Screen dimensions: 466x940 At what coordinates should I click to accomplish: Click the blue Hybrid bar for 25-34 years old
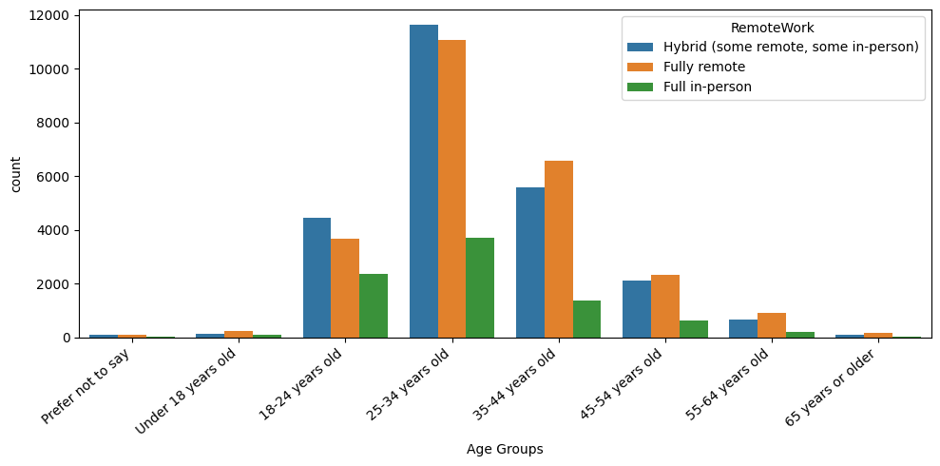(423, 181)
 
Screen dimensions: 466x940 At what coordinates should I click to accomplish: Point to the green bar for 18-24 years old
(374, 305)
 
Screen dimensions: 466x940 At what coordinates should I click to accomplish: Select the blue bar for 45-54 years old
(636, 309)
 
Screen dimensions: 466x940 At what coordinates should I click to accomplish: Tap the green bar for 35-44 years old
(586, 319)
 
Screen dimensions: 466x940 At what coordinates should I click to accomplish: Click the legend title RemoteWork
(772, 29)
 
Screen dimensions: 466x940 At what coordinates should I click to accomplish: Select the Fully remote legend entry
(704, 67)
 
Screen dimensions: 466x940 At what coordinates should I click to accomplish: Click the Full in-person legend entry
(707, 87)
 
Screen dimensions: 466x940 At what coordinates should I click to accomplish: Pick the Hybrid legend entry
(791, 47)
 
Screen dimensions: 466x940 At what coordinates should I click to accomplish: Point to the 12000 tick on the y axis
(48, 15)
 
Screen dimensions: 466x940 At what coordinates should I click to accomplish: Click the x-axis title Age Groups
(505, 449)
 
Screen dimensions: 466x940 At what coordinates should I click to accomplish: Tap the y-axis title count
(15, 173)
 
